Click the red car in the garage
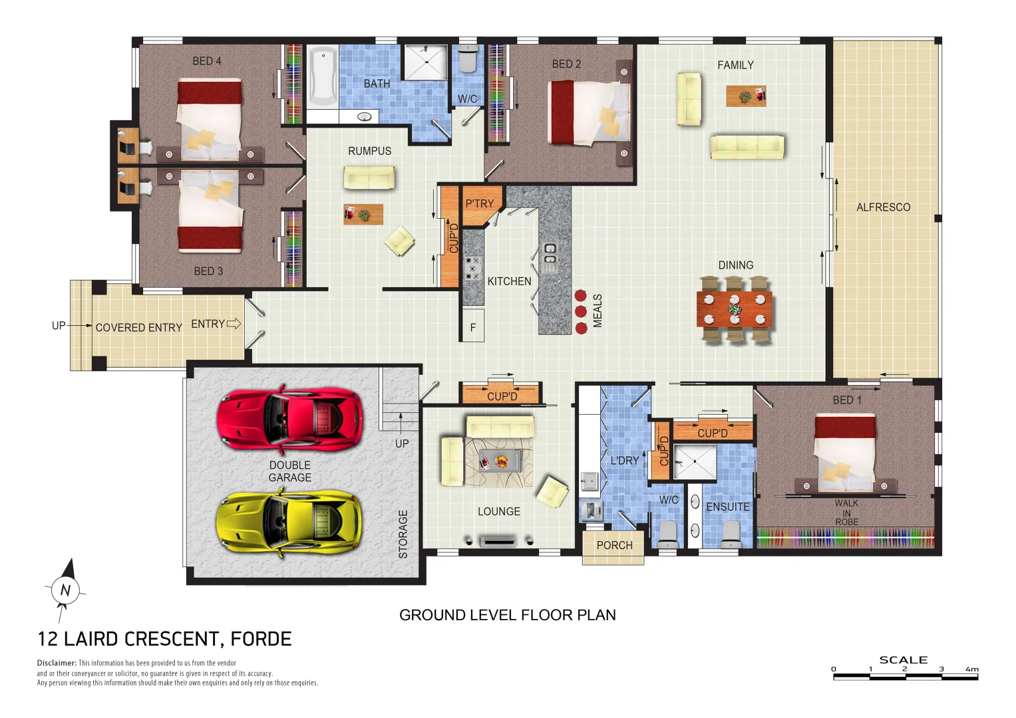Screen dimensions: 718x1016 click(x=290, y=418)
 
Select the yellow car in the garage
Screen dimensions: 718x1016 click(x=290, y=523)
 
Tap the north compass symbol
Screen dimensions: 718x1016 click(x=65, y=588)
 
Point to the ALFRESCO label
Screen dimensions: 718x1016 click(x=883, y=207)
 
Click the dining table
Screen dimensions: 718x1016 click(x=735, y=308)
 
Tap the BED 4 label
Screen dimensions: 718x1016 click(x=207, y=61)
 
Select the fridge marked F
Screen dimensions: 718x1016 click(x=473, y=327)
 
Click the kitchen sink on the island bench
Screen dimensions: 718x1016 click(x=550, y=257)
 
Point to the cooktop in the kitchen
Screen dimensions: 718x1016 click(x=472, y=268)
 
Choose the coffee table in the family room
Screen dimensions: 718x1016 click(x=746, y=96)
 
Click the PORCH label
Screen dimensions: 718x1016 click(x=614, y=546)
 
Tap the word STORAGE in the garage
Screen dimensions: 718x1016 click(x=403, y=534)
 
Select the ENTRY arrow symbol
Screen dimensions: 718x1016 click(x=234, y=324)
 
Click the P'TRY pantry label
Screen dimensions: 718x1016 click(x=479, y=203)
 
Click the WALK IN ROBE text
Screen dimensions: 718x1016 click(x=846, y=513)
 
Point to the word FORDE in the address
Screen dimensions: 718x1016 click(x=261, y=639)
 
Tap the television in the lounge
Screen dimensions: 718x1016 click(x=498, y=541)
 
